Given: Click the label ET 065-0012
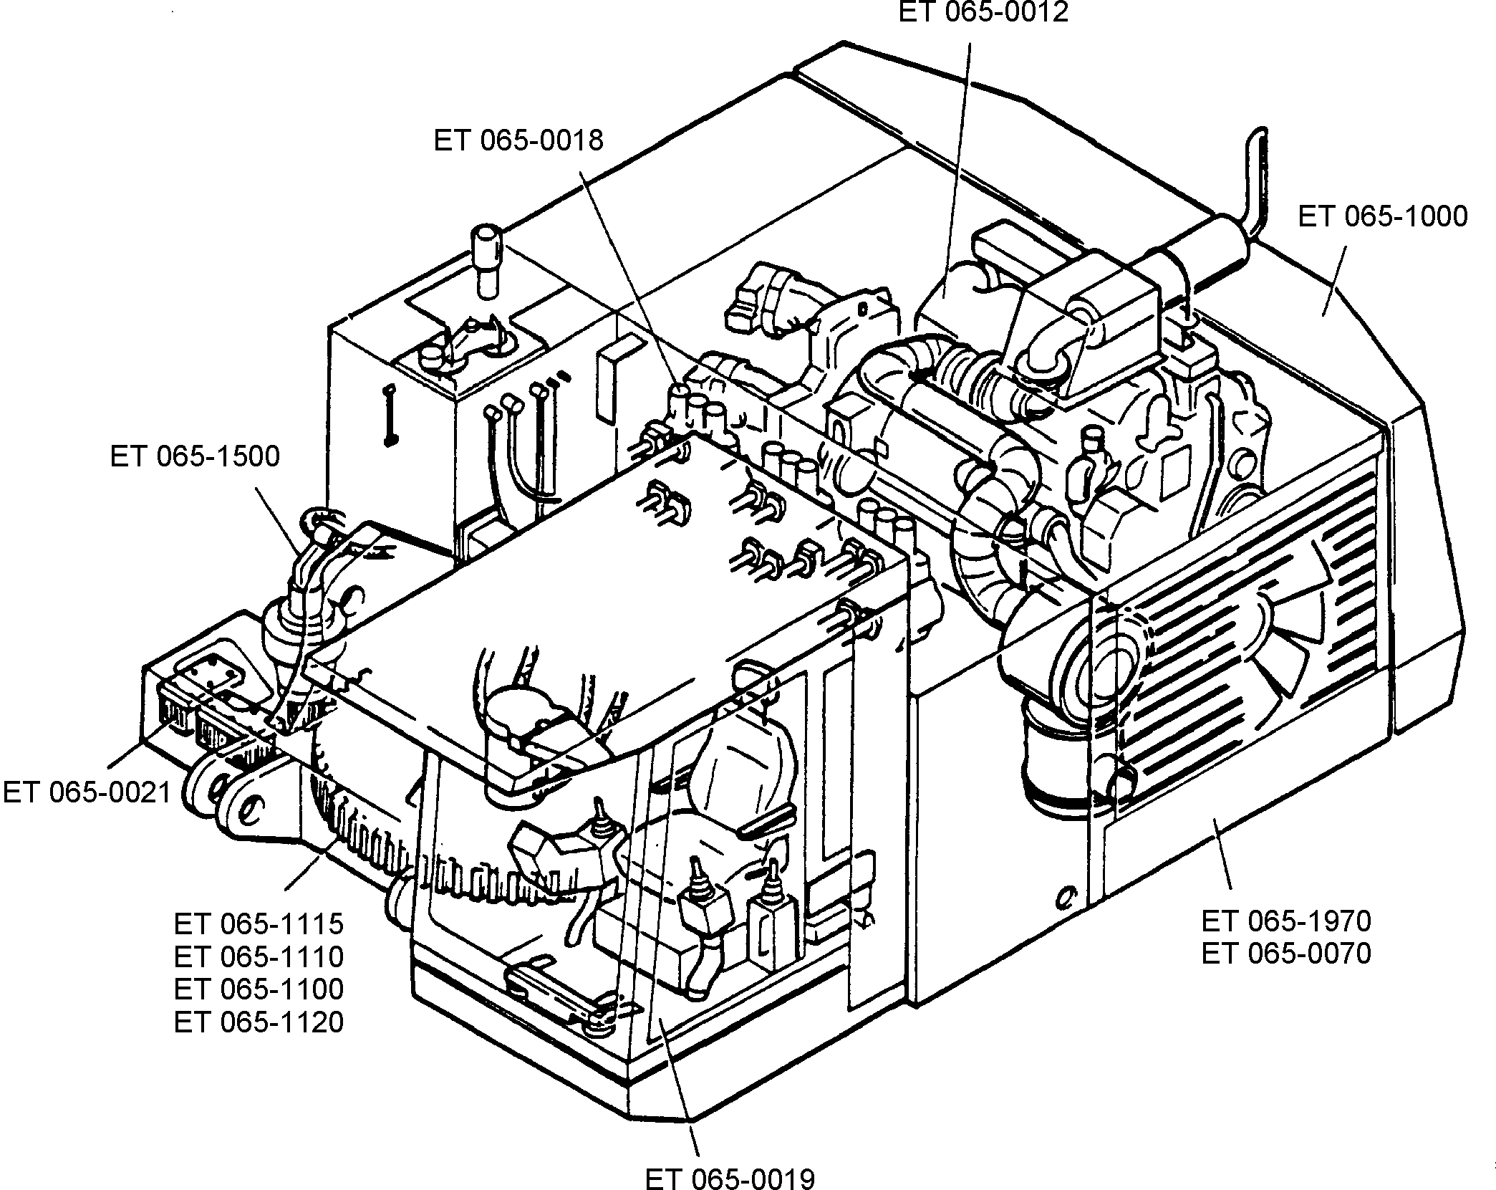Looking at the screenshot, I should (983, 12).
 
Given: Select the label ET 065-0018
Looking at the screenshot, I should (518, 140).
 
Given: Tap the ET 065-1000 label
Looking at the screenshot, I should (1382, 216).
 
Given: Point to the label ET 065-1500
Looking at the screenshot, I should (195, 456).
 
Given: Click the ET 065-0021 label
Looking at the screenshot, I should (86, 793).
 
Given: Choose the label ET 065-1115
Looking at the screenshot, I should (259, 924).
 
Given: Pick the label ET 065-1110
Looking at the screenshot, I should (259, 956).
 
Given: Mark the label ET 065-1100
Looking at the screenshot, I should (259, 989).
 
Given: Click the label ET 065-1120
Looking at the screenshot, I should (259, 1022).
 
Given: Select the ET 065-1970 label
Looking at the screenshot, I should (1286, 921).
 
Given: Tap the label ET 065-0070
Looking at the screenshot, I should (1286, 954).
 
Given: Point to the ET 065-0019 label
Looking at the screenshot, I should (730, 1179).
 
